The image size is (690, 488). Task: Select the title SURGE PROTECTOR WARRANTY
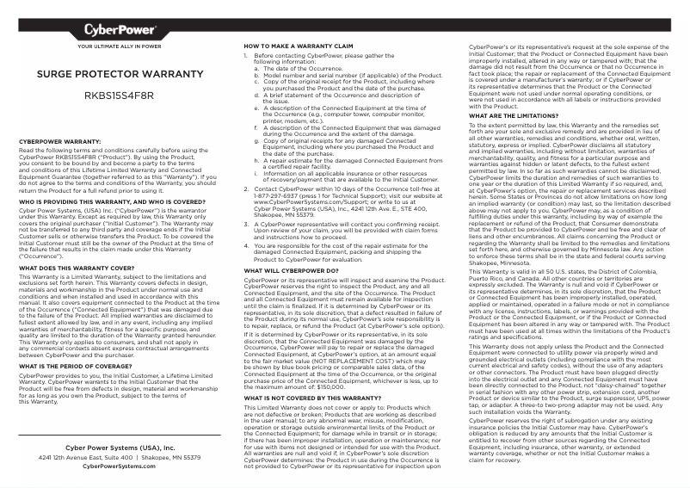pyautogui.click(x=120, y=76)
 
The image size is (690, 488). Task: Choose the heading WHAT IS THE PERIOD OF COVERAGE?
pyautogui.click(x=80, y=366)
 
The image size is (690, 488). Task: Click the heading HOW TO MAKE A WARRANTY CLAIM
pyautogui.click(x=299, y=45)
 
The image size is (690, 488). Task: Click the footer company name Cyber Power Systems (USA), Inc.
pyautogui.click(x=120, y=448)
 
